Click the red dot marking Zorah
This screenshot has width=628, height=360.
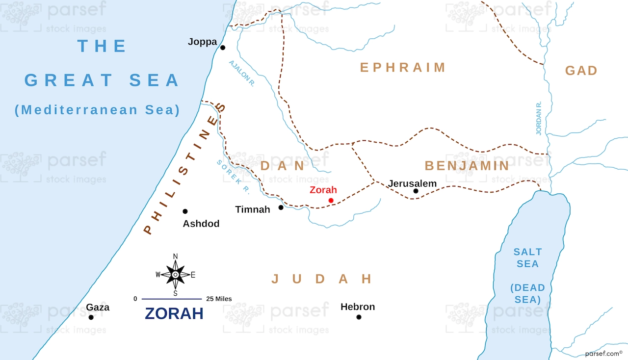tap(331, 201)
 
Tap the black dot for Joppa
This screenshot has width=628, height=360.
tap(222, 48)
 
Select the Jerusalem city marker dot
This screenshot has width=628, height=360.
tap(416, 191)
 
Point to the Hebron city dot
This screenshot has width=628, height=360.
tap(359, 317)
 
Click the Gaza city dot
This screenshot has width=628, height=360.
tap(91, 317)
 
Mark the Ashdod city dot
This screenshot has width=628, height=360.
tap(185, 211)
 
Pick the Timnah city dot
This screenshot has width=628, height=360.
tap(281, 207)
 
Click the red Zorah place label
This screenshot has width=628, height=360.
tap(323, 190)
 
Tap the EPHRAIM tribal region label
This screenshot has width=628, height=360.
tap(403, 67)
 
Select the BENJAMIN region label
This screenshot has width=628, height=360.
tap(467, 166)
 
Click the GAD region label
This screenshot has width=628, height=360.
tap(581, 71)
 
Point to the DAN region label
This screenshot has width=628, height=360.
tap(282, 166)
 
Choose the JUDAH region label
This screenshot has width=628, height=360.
tap(322, 279)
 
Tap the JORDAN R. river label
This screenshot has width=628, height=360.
tap(538, 118)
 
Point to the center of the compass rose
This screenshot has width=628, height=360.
tap(175, 275)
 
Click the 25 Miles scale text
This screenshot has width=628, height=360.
tap(219, 299)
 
